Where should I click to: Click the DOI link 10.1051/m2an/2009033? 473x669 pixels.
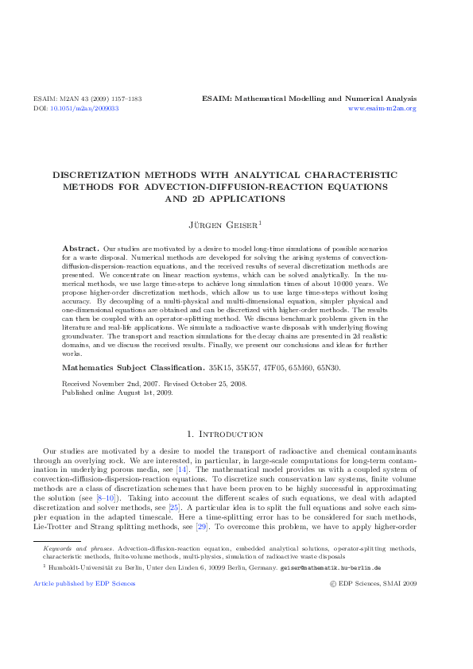(84, 108)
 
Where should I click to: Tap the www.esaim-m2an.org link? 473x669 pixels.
(382, 108)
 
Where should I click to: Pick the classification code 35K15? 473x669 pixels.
(219, 369)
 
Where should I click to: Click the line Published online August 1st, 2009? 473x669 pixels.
(117, 392)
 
